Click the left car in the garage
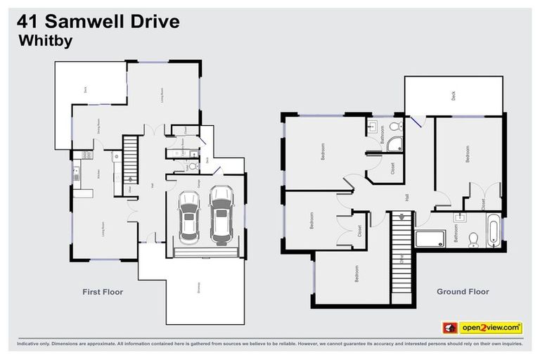pyautogui.click(x=189, y=216)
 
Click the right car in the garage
pyautogui.click(x=221, y=212)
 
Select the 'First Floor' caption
pyautogui.click(x=103, y=292)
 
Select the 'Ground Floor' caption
pyautogui.click(x=462, y=291)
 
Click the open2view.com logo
pyautogui.click(x=482, y=327)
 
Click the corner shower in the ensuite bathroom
pyautogui.click(x=396, y=145)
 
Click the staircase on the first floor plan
pyautogui.click(x=131, y=152)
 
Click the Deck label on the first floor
pyautogui.click(x=84, y=89)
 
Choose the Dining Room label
pyautogui.click(x=98, y=125)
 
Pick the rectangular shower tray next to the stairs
pyautogui.click(x=430, y=238)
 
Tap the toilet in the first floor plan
pyautogui.click(x=191, y=167)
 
